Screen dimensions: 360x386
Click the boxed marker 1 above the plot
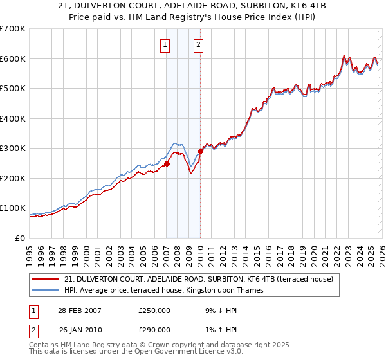point(166,44)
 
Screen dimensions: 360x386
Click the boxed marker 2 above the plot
point(199,44)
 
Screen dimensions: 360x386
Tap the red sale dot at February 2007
point(167,163)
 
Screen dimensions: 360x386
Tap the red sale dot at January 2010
point(200,151)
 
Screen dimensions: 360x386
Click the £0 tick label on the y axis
point(19,239)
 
